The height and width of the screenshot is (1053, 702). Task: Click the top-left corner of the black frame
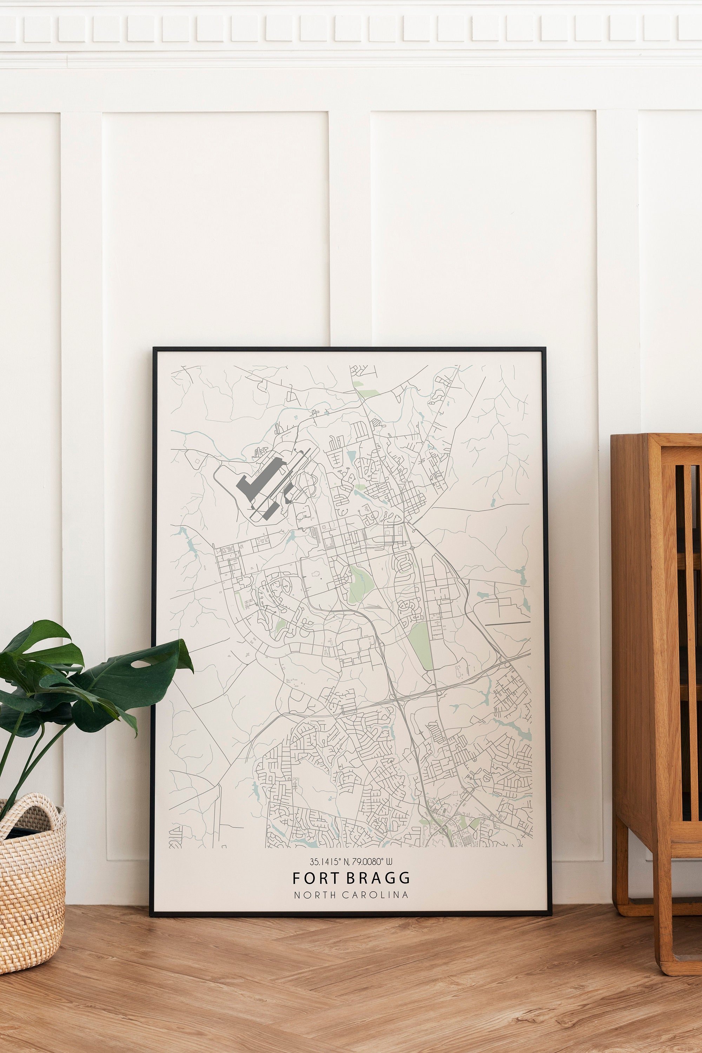154,348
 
